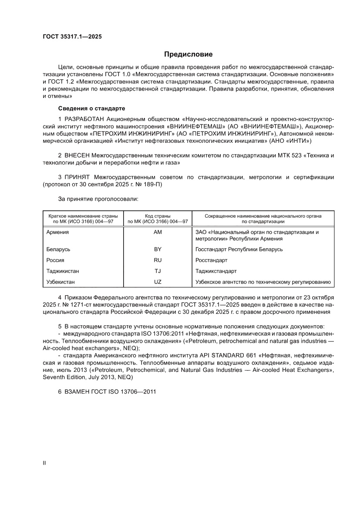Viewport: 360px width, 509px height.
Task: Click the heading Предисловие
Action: click(188, 54)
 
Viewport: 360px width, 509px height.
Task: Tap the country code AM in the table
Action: click(158, 232)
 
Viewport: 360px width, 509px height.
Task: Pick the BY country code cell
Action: click(158, 249)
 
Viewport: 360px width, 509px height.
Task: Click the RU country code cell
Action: click(158, 260)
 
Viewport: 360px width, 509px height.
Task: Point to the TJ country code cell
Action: click(158, 271)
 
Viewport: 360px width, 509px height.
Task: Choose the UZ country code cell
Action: click(158, 282)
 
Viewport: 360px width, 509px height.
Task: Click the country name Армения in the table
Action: click(57, 232)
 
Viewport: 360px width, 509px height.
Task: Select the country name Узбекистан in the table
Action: click(61, 282)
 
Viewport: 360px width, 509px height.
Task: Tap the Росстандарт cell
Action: click(212, 260)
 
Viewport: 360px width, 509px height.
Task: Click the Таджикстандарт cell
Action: click(216, 271)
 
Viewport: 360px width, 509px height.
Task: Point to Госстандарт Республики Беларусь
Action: click(239, 249)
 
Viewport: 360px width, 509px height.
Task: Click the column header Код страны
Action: click(158, 216)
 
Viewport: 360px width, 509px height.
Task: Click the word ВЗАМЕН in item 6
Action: click(77, 391)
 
